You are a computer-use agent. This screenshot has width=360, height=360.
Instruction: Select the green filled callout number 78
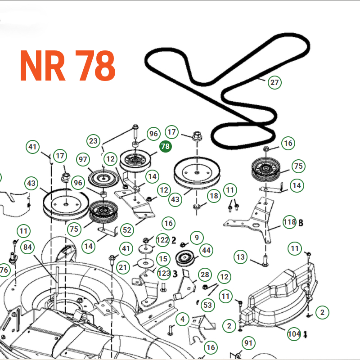(165, 146)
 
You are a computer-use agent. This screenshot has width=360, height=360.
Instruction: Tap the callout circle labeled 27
(274, 82)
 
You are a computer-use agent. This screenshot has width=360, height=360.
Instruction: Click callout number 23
(93, 141)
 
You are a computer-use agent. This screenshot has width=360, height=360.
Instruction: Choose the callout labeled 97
(83, 159)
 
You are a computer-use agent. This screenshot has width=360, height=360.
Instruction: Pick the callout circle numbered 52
(127, 230)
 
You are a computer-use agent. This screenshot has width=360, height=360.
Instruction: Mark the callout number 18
(213, 196)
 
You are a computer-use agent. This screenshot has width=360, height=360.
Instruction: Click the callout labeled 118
(289, 222)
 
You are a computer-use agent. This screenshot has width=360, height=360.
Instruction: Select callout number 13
(241, 257)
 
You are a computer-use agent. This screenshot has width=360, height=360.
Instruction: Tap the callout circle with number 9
(196, 236)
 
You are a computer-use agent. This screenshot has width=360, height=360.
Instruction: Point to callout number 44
(206, 250)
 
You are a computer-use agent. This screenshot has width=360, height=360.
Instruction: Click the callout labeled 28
(205, 274)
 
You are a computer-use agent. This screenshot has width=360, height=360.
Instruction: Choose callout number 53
(207, 306)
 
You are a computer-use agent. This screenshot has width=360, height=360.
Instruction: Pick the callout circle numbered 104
(294, 333)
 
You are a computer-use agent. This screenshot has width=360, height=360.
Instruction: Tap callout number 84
(28, 247)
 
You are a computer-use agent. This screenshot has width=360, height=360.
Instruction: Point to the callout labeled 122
(162, 240)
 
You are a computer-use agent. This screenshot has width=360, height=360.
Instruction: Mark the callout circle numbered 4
(182, 319)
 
